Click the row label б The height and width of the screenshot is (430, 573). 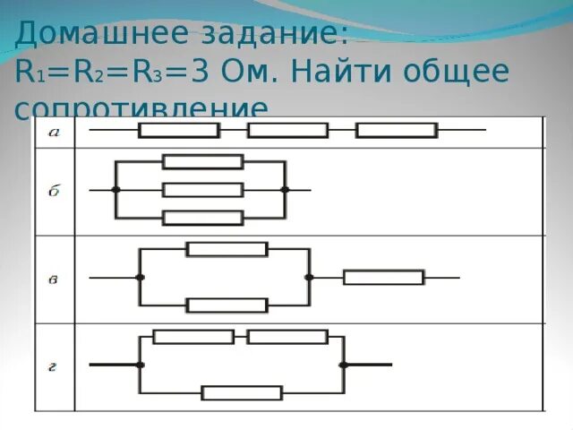tap(53, 190)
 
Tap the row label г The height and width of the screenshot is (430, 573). tap(53, 365)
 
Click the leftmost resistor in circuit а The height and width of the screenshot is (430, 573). tap(179, 131)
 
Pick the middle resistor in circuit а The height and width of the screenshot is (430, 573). tap(287, 131)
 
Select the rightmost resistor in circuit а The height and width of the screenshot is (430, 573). tap(396, 131)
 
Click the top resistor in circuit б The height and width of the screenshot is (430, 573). tap(202, 161)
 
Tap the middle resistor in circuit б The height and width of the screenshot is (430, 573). tap(202, 190)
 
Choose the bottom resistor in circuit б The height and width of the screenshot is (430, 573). tap(202, 218)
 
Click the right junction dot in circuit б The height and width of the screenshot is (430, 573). tap(285, 190)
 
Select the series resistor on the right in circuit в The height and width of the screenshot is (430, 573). tap(383, 278)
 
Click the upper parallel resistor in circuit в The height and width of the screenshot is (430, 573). tap(227, 249)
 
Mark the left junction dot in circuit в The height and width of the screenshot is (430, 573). tap(140, 278)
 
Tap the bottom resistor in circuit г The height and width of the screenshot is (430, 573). tap(242, 392)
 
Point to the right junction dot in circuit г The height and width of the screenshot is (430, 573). tap(342, 365)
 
